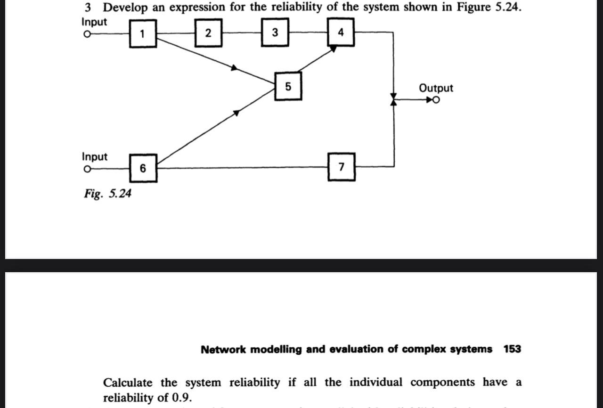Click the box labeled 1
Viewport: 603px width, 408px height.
(x=143, y=33)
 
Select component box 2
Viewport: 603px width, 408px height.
(x=209, y=33)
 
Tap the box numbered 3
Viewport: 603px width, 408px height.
(x=275, y=33)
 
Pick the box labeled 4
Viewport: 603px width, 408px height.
(x=341, y=33)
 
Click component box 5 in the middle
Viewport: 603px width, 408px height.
(x=288, y=87)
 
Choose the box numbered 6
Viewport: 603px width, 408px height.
(x=143, y=168)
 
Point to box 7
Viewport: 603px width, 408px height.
(x=342, y=167)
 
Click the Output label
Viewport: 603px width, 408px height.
(x=436, y=88)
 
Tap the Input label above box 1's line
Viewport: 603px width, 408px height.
(x=94, y=22)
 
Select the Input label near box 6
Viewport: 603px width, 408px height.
(x=94, y=156)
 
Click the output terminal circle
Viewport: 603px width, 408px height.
(x=437, y=100)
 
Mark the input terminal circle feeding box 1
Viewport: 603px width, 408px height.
(x=86, y=34)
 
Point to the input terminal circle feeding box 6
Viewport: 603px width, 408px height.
(x=86, y=169)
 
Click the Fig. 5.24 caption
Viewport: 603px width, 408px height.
(x=108, y=193)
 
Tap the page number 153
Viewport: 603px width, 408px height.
(x=512, y=349)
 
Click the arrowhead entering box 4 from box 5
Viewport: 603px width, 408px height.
(x=333, y=48)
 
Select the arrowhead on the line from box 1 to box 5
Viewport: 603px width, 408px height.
(x=234, y=68)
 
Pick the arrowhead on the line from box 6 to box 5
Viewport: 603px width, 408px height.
(x=236, y=112)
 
